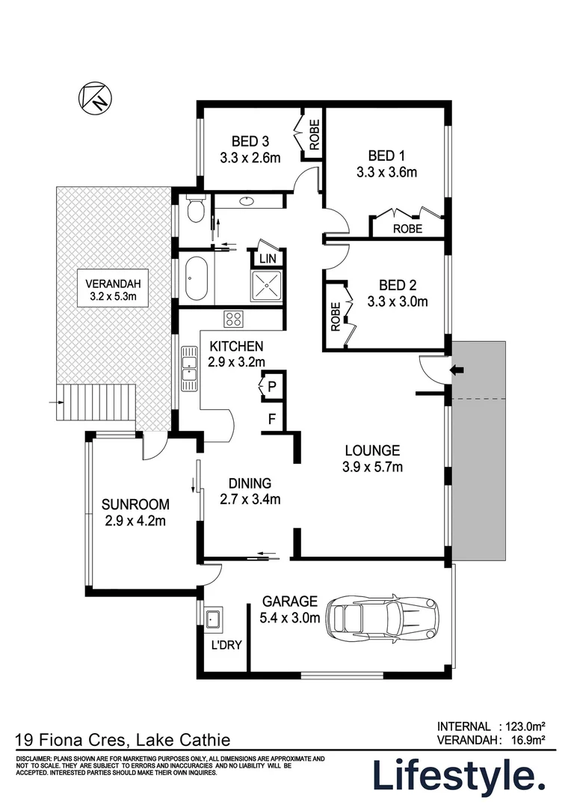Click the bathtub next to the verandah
pyautogui.click(x=196, y=278)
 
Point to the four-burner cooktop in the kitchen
pyautogui.click(x=233, y=319)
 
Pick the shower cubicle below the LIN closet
pyautogui.click(x=266, y=285)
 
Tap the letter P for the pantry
pyautogui.click(x=272, y=387)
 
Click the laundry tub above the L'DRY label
pyautogui.click(x=213, y=619)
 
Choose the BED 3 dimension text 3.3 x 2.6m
pyautogui.click(x=250, y=158)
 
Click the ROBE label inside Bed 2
pyautogui.click(x=336, y=316)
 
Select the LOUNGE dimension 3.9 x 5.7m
pyautogui.click(x=372, y=468)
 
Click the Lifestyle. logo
pyautogui.click(x=459, y=776)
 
